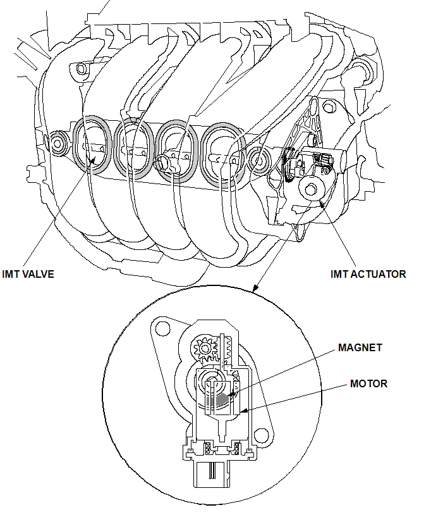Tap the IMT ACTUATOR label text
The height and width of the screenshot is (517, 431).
[x=368, y=274]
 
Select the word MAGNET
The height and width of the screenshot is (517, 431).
[x=360, y=348]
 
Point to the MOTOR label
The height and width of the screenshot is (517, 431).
[x=369, y=383]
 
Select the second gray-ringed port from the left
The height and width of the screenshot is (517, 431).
[x=134, y=146]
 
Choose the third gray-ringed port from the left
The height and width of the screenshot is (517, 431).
[x=177, y=150]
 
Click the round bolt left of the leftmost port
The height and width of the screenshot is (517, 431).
[x=59, y=142]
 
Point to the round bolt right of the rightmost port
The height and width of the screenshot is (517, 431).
[x=258, y=161]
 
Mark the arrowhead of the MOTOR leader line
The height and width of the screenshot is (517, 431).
[x=242, y=411]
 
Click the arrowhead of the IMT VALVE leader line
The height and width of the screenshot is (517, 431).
[x=93, y=161]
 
